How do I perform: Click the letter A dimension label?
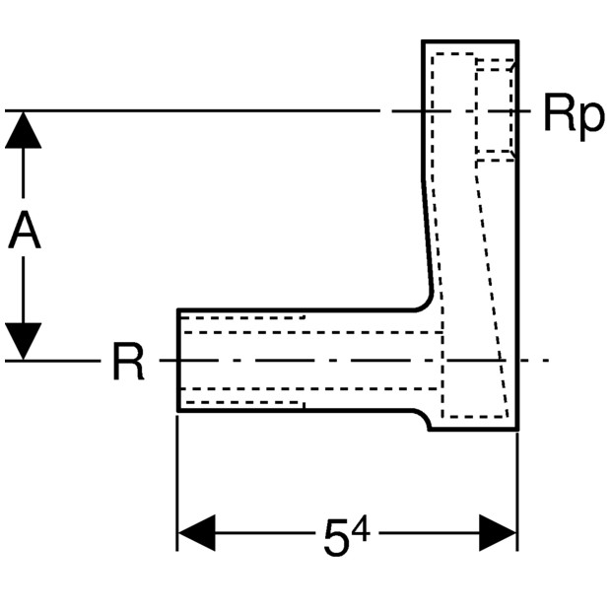tap(25, 230)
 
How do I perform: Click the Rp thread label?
tap(574, 116)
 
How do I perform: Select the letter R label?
tap(128, 361)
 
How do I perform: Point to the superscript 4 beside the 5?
tap(361, 530)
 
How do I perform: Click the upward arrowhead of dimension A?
tap(24, 130)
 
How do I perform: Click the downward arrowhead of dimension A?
tap(24, 341)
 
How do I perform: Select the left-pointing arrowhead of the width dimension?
tap(196, 533)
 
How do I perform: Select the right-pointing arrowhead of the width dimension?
tap(498, 533)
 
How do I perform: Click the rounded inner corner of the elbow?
tap(426, 305)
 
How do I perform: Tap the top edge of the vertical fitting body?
tap(470, 41)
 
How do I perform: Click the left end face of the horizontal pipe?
tap(178, 360)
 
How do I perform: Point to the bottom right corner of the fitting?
tap(517, 430)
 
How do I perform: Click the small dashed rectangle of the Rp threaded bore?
tap(495, 110)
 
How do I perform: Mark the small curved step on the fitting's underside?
tap(424, 419)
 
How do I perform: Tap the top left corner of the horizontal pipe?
tap(178, 309)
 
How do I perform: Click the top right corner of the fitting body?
tap(517, 41)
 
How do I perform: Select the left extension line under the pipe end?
tap(177, 483)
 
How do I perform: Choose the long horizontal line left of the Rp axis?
tap(192, 111)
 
